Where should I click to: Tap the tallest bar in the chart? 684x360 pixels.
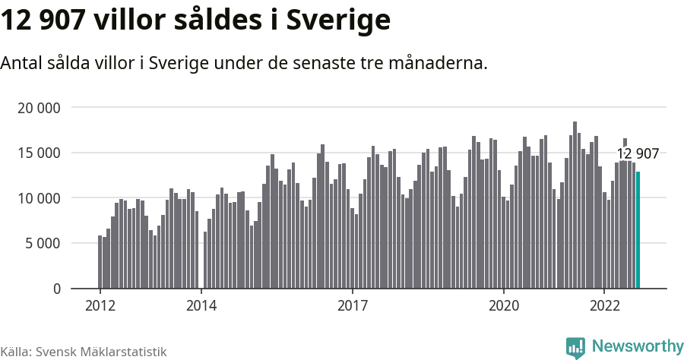tap(575, 205)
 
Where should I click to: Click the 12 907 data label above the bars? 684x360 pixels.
tap(638, 154)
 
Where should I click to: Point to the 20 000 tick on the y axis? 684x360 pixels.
tap(39, 108)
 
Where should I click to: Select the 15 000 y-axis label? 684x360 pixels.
tap(39, 153)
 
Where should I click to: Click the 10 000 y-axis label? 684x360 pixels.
tap(39, 198)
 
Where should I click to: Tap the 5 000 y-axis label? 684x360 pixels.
tap(43, 244)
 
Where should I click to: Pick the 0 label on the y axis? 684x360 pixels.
tap(56, 289)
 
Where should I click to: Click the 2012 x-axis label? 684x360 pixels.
tap(100, 306)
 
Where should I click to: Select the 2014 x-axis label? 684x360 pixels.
tap(201, 306)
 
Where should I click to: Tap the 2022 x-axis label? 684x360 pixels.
tap(604, 306)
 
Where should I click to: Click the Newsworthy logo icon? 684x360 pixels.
tap(575, 347)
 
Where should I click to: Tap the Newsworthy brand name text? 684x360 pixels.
tap(637, 346)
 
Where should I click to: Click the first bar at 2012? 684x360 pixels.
tap(100, 262)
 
